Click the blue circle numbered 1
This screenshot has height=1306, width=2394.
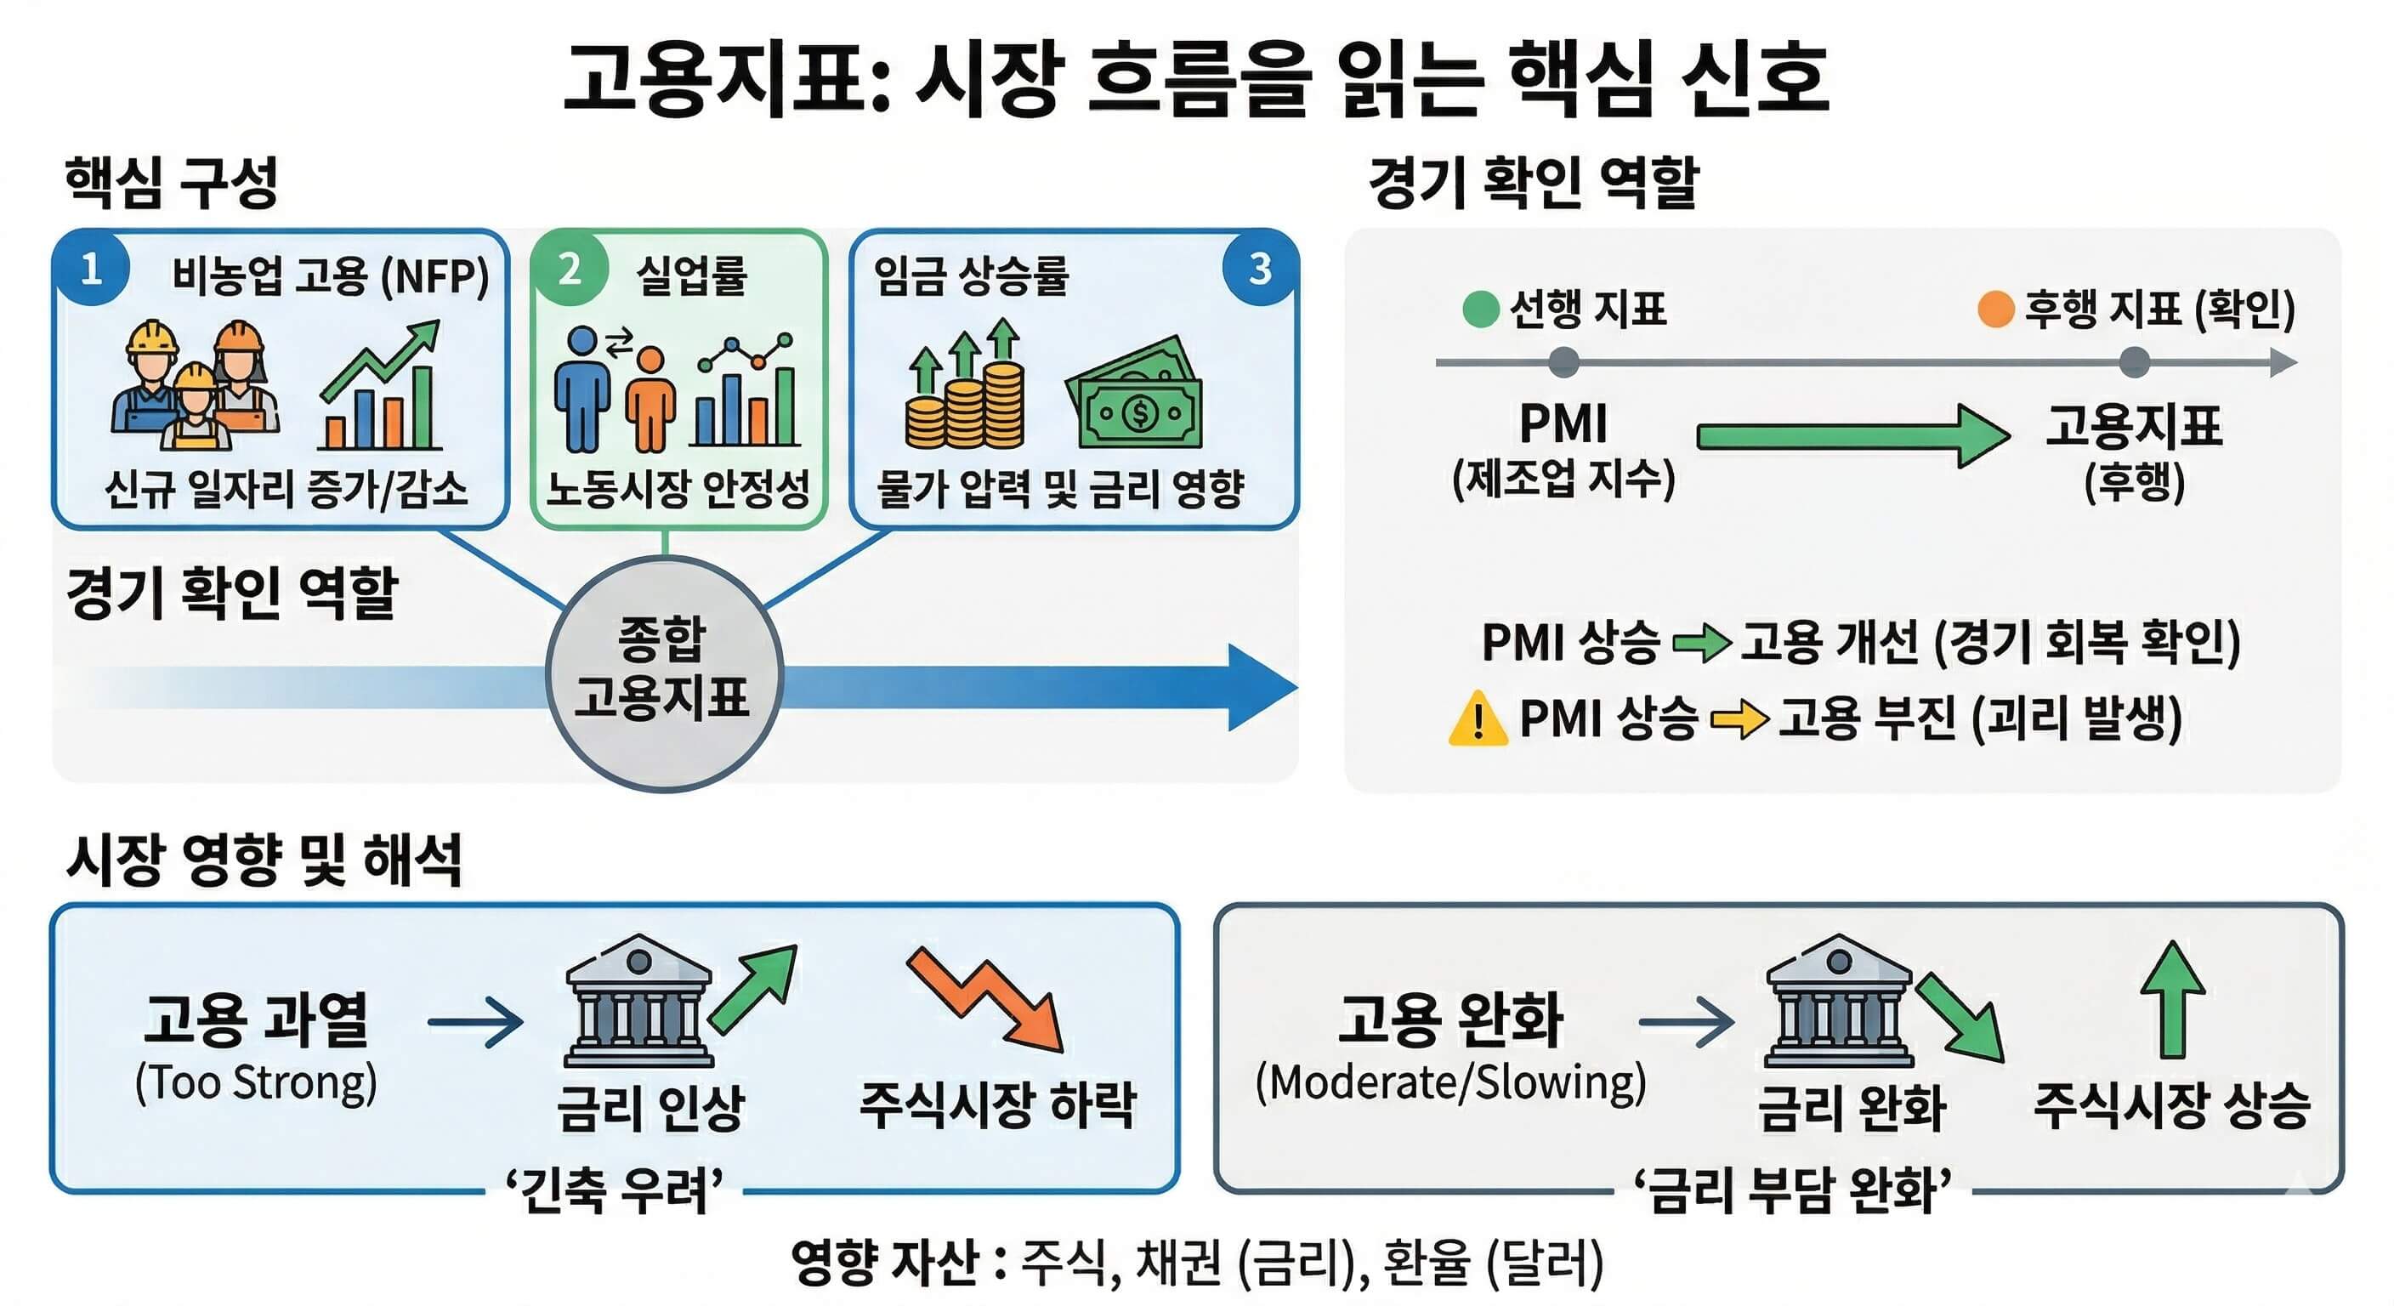point(91,270)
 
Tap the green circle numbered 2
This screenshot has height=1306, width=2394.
point(569,270)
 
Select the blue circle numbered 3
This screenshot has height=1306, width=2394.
point(1259,270)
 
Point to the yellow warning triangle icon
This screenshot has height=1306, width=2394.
point(1477,720)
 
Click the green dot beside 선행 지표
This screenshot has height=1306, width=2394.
point(1480,309)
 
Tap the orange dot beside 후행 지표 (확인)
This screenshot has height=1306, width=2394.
point(1995,309)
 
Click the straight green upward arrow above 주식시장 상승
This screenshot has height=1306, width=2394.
point(2172,999)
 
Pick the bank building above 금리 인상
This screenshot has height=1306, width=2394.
point(639,1002)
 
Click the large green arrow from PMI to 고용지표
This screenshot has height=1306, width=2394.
point(1850,435)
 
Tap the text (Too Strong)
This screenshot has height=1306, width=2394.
point(257,1083)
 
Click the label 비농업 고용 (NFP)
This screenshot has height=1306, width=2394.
point(330,276)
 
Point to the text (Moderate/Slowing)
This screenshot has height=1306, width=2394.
point(1449,1083)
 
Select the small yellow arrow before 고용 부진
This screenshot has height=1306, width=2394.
point(1738,719)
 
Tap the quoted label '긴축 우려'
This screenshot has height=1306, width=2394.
point(615,1189)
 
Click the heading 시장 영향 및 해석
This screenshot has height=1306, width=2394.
point(264,860)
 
